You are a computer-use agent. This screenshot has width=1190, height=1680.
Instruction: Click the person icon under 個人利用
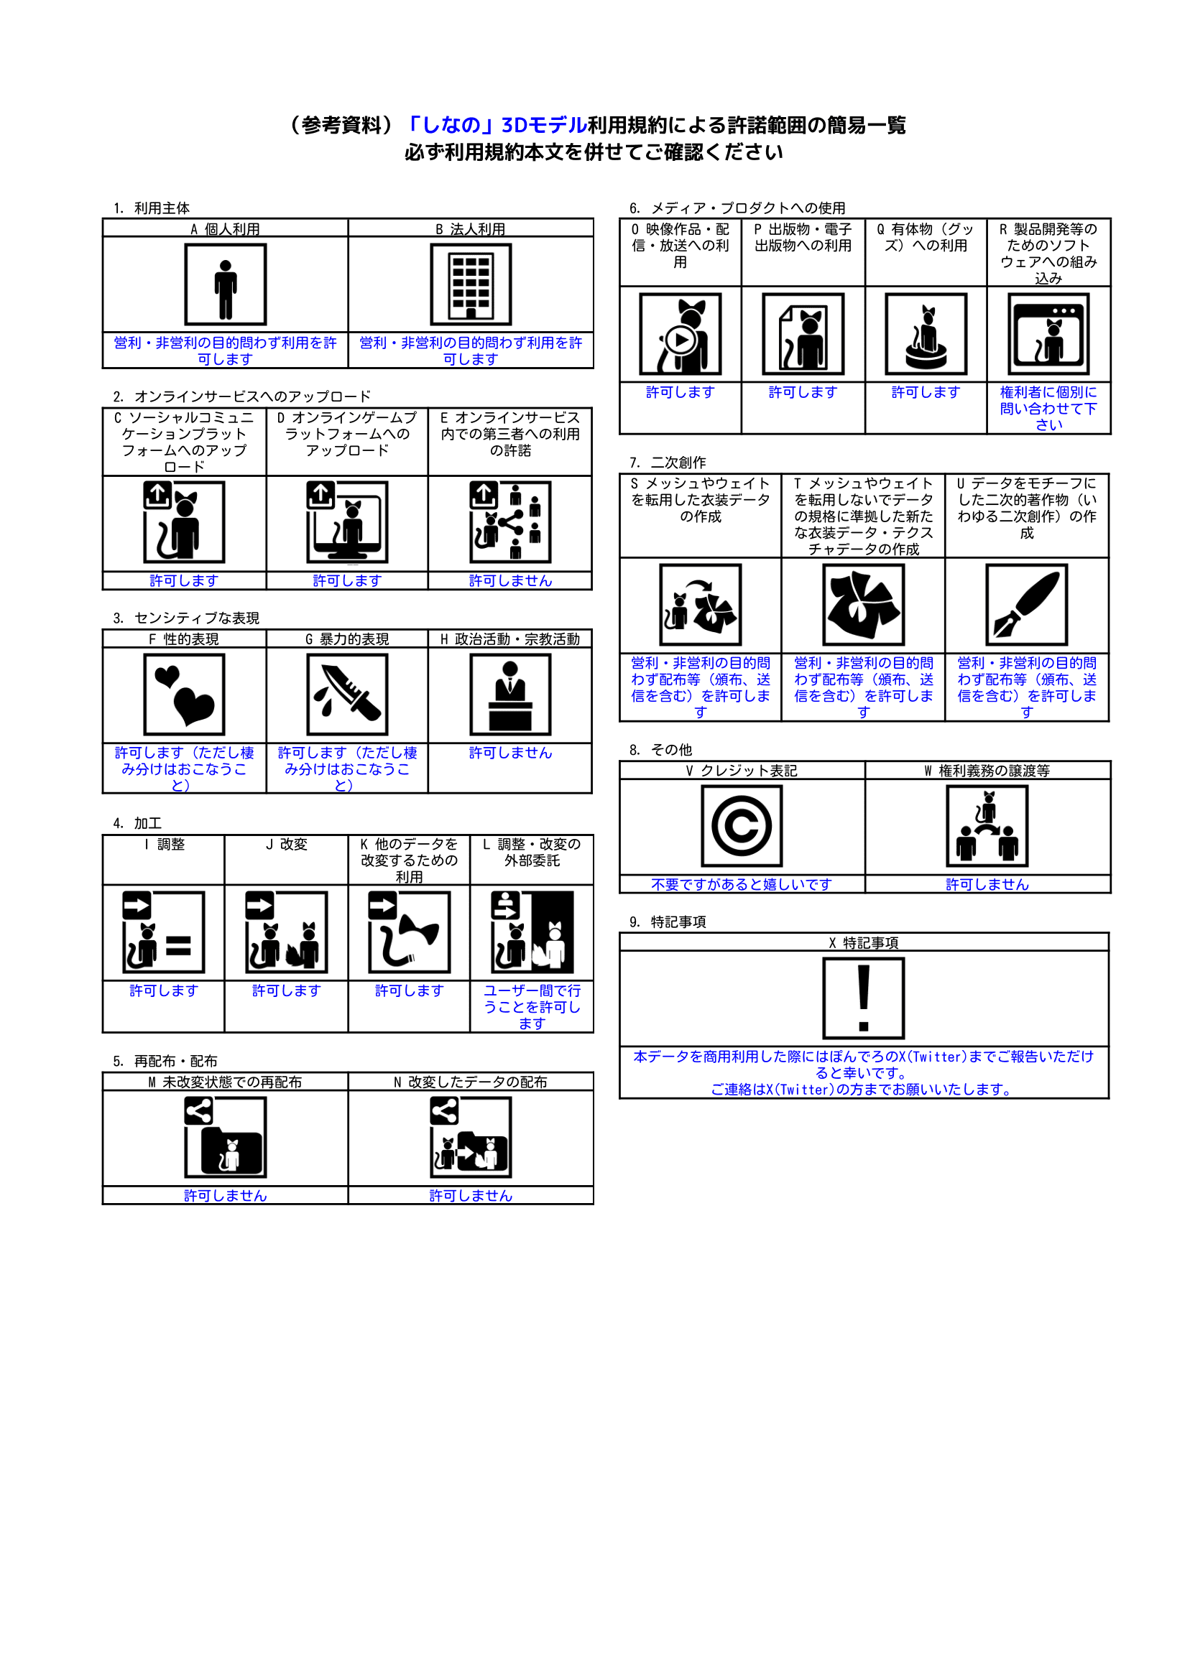[225, 285]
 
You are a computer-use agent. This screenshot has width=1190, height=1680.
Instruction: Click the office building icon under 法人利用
[471, 285]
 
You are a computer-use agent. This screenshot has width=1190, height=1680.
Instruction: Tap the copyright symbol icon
[742, 826]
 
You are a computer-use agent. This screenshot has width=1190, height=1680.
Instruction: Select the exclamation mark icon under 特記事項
[863, 998]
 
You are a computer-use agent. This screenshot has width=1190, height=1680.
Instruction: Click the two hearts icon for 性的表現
[184, 695]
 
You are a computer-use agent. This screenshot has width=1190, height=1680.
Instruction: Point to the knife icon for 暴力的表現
[346, 695]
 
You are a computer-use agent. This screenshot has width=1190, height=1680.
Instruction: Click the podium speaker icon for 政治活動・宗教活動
[510, 695]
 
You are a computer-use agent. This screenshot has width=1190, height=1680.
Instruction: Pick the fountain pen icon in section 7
[1026, 604]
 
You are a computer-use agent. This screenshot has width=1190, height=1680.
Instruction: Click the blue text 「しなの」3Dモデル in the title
[496, 125]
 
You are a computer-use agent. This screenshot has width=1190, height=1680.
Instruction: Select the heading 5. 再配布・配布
[165, 1061]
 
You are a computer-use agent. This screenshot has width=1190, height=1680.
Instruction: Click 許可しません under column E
[510, 581]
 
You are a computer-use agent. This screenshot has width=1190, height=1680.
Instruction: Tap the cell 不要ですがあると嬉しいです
[742, 885]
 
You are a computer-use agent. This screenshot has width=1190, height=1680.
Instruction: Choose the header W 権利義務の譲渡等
[987, 771]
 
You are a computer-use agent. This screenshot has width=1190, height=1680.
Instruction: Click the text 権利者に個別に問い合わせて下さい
[1048, 408]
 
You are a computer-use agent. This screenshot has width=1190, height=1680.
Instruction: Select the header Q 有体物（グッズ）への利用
[926, 238]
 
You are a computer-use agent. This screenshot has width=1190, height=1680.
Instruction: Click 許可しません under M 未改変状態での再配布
[225, 1196]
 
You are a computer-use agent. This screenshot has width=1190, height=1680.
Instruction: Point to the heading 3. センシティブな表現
[186, 618]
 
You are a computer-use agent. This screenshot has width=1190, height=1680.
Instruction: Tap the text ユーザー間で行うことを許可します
[532, 1006]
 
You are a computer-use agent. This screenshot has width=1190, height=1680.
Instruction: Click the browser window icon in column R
[1048, 334]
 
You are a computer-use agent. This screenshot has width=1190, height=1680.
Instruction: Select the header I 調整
[164, 845]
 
